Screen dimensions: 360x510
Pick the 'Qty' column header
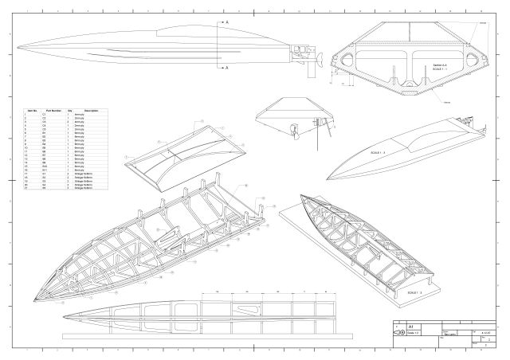tap(70, 110)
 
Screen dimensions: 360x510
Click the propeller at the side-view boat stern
tap(320, 57)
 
